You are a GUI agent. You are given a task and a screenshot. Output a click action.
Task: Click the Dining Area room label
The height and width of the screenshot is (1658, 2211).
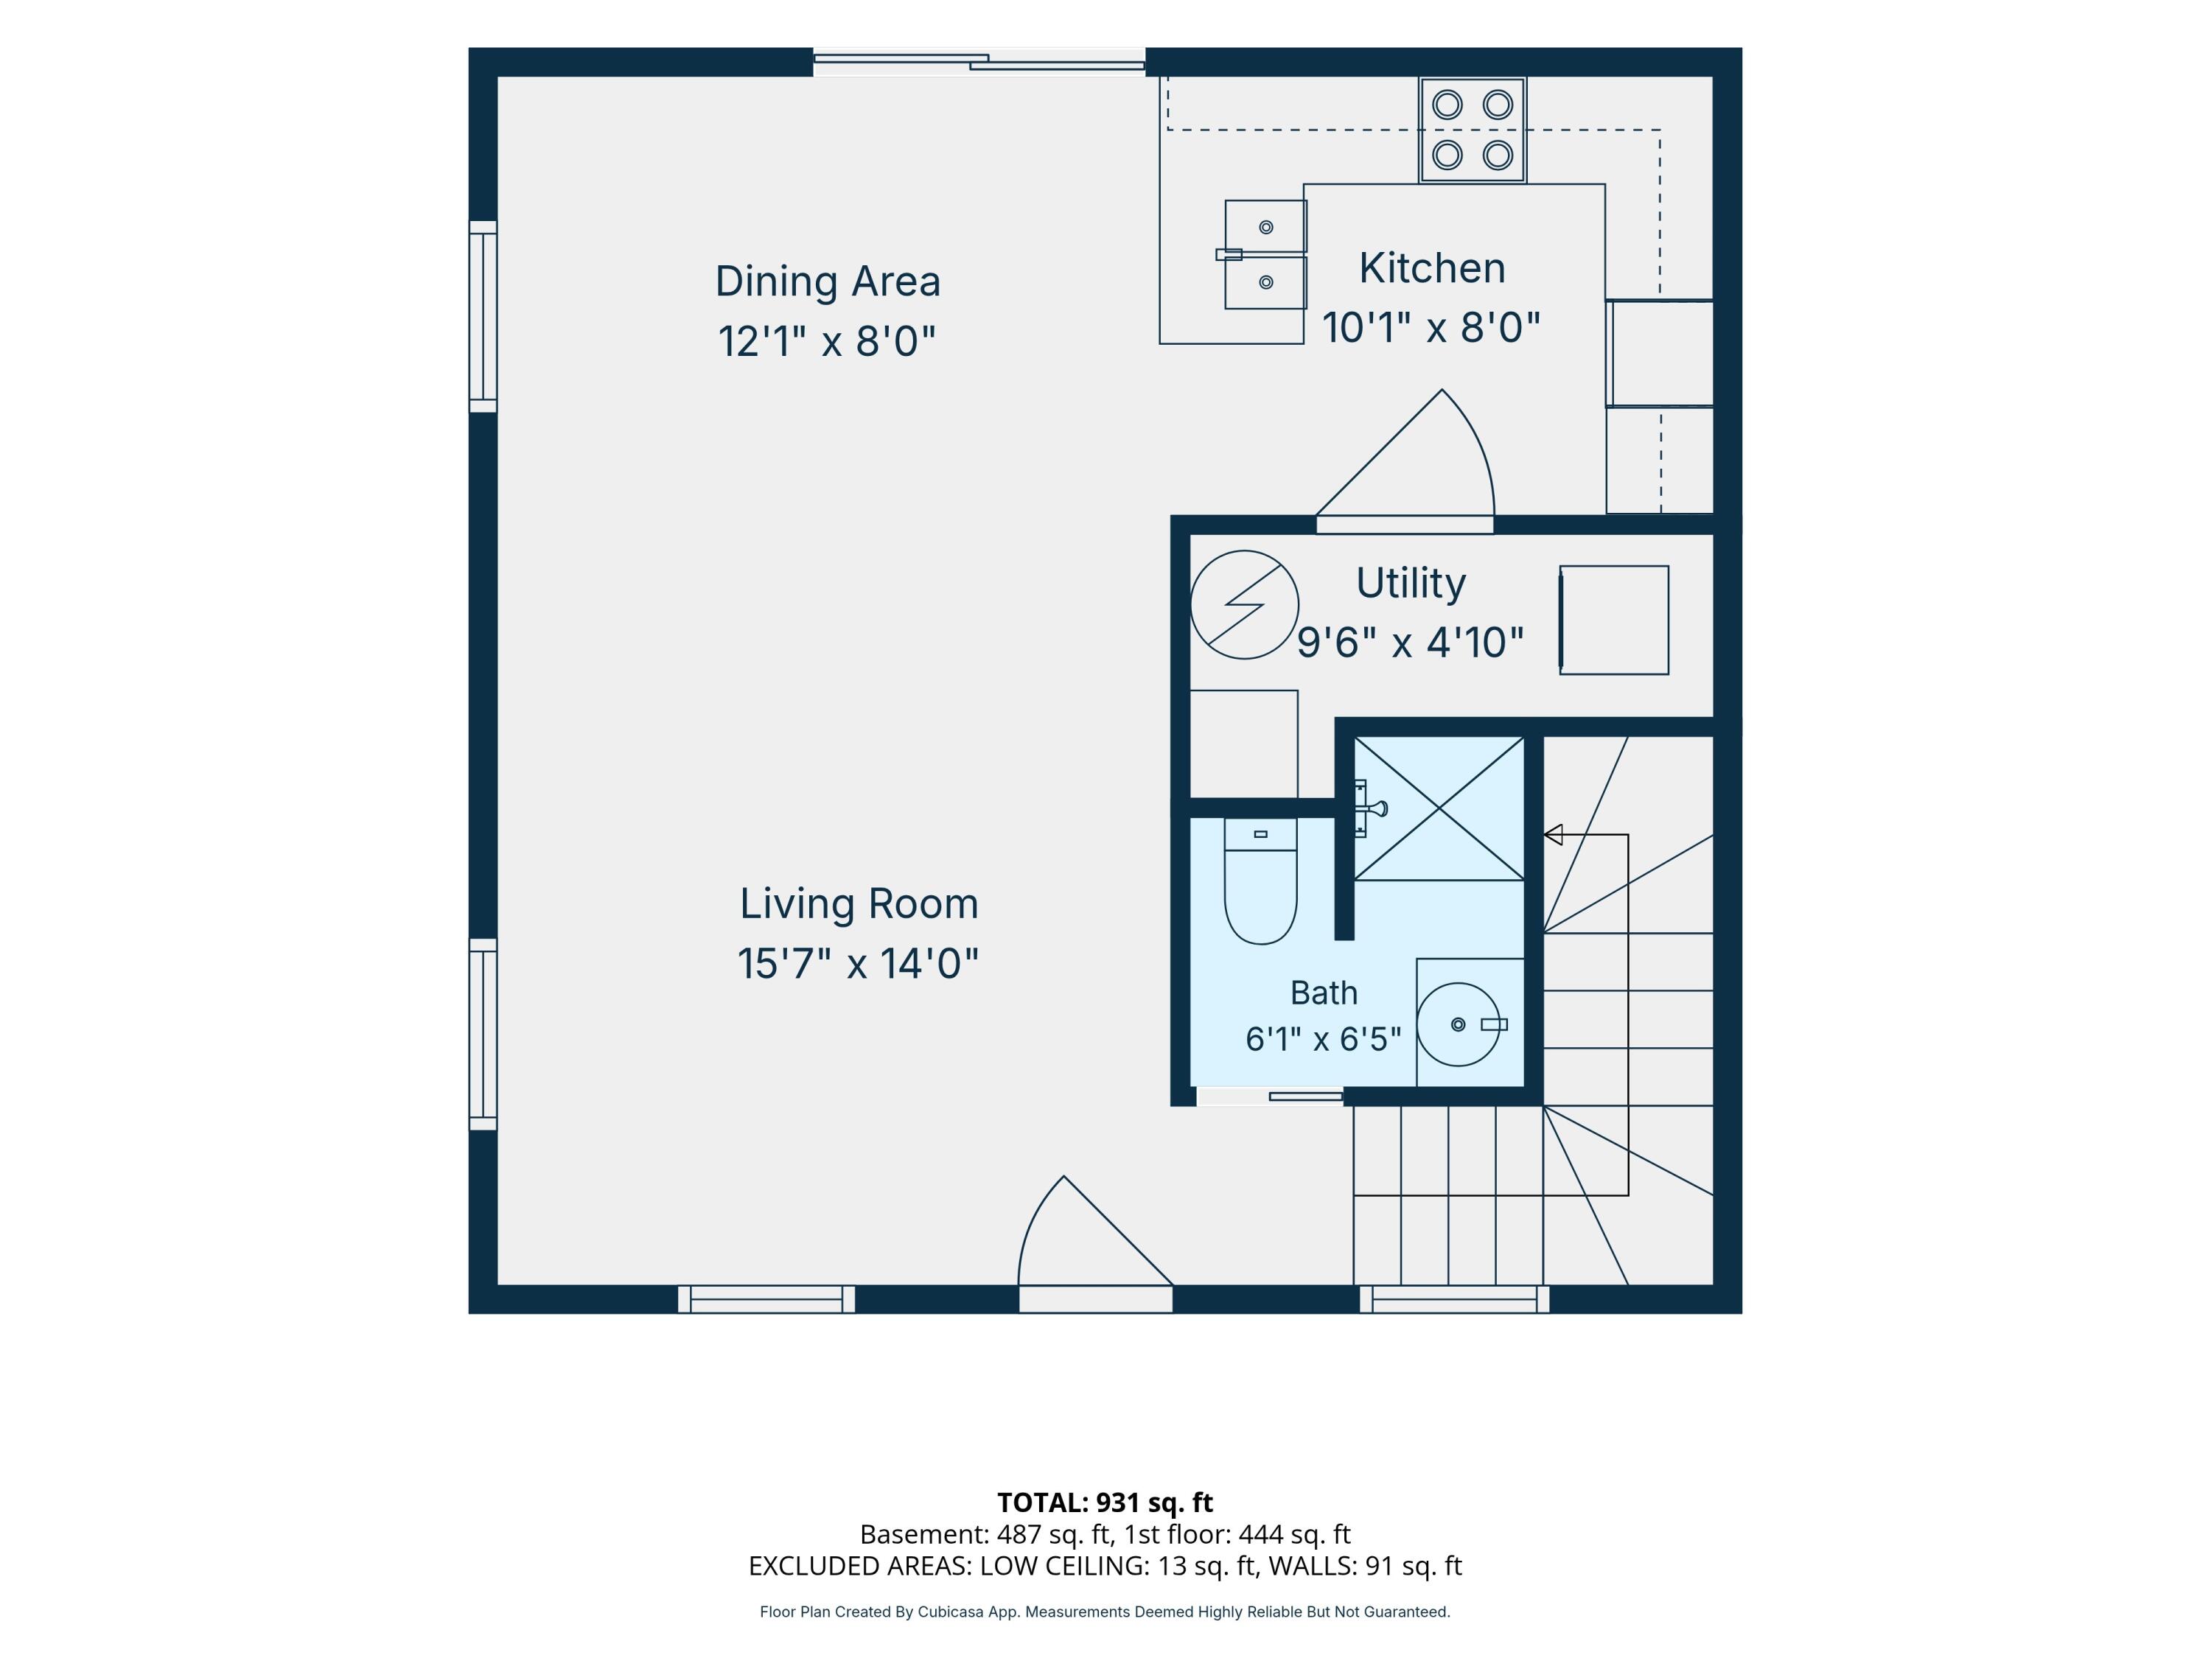pos(828,281)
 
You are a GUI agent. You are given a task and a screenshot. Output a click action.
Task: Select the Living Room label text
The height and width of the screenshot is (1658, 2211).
pos(859,904)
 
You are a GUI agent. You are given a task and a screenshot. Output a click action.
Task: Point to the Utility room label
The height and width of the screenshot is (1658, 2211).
pos(1411,584)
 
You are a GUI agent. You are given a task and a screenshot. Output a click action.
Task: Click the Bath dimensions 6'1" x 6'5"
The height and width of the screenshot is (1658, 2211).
pos(1322,1039)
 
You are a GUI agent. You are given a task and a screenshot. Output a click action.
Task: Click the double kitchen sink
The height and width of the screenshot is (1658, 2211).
pos(1265,255)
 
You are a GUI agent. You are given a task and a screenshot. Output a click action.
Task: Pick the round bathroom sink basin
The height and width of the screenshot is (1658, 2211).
pos(1459,1024)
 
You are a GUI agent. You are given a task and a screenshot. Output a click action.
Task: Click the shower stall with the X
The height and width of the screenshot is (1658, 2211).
pos(1439,808)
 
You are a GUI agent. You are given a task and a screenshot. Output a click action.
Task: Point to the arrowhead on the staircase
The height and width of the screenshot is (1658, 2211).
pos(1554,834)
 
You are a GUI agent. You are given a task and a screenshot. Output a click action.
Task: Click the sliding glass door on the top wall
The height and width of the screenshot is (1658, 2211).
pos(979,62)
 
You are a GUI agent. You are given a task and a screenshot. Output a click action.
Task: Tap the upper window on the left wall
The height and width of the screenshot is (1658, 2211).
pos(483,316)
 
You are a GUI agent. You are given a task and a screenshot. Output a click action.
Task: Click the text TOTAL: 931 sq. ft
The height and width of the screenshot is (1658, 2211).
pos(1105,1502)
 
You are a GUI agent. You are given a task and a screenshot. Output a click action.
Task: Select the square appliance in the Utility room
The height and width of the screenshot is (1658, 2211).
pos(1613,620)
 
